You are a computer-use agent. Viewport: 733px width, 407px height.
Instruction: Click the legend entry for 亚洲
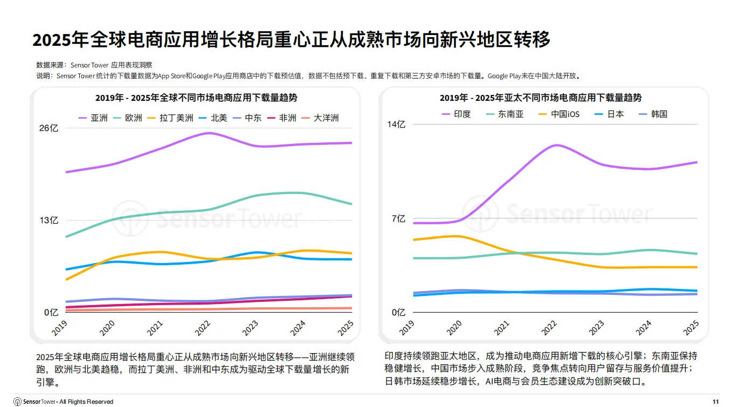(x=93, y=118)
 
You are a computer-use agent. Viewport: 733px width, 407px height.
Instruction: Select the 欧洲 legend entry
(x=128, y=118)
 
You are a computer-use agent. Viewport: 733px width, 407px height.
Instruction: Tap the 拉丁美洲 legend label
(x=170, y=118)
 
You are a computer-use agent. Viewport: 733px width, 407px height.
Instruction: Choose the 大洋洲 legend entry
(x=320, y=118)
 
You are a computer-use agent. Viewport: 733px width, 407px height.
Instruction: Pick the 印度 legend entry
(x=456, y=114)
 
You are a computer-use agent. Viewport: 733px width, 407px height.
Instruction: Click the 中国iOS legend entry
(x=558, y=114)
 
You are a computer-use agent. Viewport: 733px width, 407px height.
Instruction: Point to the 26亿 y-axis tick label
(x=49, y=128)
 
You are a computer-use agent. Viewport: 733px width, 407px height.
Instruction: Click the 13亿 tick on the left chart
(x=49, y=220)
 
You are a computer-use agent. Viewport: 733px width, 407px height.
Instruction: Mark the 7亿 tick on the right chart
(x=398, y=218)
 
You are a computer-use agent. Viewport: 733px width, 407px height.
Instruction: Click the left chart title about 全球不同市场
(x=196, y=98)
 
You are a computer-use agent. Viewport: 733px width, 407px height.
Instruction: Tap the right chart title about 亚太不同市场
(x=541, y=98)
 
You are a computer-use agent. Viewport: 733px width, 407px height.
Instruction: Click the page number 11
(x=715, y=402)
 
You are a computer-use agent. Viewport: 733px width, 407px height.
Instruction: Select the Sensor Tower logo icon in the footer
(x=18, y=402)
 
